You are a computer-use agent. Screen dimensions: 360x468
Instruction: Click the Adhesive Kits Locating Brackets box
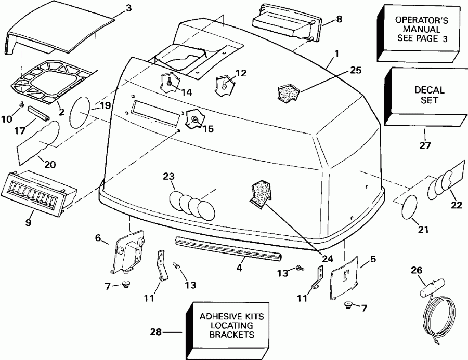pos(232,325)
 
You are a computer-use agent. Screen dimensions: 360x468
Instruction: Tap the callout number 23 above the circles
pos(169,176)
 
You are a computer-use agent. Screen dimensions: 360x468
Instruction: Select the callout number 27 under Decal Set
pos(425,146)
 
